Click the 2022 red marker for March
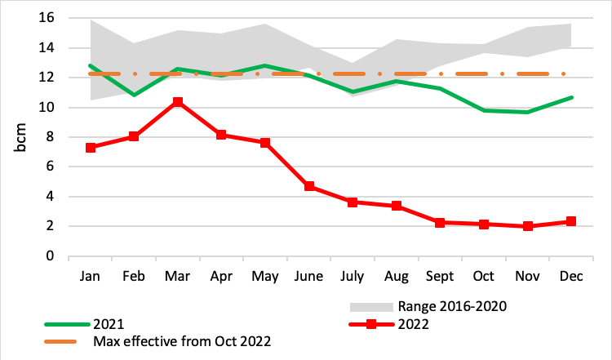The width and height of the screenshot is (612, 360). click(x=178, y=102)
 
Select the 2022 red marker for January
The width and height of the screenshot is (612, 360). click(x=91, y=148)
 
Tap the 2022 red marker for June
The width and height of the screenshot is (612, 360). click(x=309, y=186)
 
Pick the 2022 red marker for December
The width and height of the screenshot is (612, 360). click(x=571, y=221)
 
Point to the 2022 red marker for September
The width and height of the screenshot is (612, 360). click(x=440, y=222)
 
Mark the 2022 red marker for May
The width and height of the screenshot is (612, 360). click(x=265, y=143)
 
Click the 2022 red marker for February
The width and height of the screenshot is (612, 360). click(x=134, y=136)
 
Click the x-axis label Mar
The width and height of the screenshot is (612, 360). click(x=178, y=277)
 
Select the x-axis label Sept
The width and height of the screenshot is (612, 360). click(x=440, y=277)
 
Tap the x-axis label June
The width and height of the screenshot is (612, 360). click(x=309, y=277)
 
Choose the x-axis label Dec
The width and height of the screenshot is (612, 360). click(x=571, y=277)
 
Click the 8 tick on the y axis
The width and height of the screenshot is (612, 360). click(x=50, y=137)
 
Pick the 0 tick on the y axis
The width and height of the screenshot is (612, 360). click(x=50, y=256)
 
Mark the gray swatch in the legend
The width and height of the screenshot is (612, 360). click(x=371, y=307)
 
